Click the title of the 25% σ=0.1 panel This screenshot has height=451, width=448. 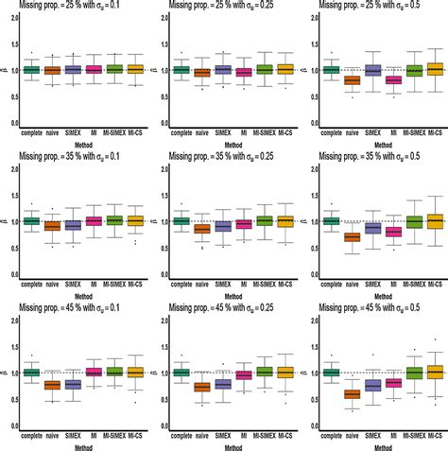(77, 8)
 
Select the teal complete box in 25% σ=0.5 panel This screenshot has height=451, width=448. (331, 69)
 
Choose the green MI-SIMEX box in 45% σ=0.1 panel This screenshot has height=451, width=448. (115, 373)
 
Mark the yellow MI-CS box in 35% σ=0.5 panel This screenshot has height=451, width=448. (436, 220)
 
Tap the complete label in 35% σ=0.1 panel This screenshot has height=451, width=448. (30, 283)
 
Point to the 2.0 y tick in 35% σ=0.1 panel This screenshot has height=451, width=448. (11, 168)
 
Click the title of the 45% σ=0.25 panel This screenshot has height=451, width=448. (227, 310)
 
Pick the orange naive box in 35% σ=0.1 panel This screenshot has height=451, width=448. (52, 226)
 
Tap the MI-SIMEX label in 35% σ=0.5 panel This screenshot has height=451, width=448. (412, 283)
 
